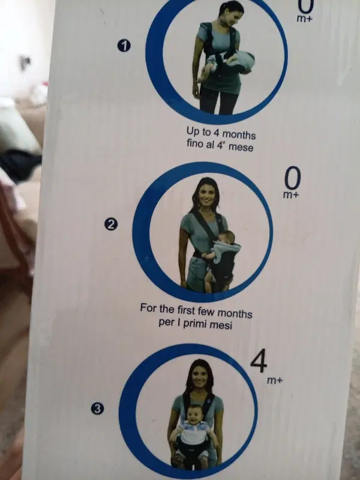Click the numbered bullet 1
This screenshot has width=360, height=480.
[x=124, y=46]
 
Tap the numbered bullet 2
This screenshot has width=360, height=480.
[x=111, y=224]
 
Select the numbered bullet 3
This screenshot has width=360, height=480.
[x=97, y=409]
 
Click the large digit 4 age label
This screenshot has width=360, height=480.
[x=259, y=361]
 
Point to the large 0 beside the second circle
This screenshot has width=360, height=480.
[x=292, y=178]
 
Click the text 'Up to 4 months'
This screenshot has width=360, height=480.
[x=221, y=133]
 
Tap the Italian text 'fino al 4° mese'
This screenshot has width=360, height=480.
[x=220, y=145]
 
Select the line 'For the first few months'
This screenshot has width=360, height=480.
[x=196, y=311]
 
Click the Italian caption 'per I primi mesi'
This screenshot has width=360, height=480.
[x=196, y=323]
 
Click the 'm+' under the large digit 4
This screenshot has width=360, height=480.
[x=275, y=380]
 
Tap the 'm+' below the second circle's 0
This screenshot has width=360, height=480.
[x=291, y=194]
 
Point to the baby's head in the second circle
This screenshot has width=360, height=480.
[x=226, y=238]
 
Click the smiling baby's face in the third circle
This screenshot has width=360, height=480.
[x=194, y=413]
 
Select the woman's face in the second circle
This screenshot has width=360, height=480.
[x=206, y=197]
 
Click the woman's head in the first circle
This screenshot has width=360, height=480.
[x=232, y=12]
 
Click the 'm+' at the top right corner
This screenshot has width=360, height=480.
[x=305, y=19]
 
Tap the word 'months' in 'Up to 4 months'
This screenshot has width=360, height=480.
[x=238, y=134]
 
